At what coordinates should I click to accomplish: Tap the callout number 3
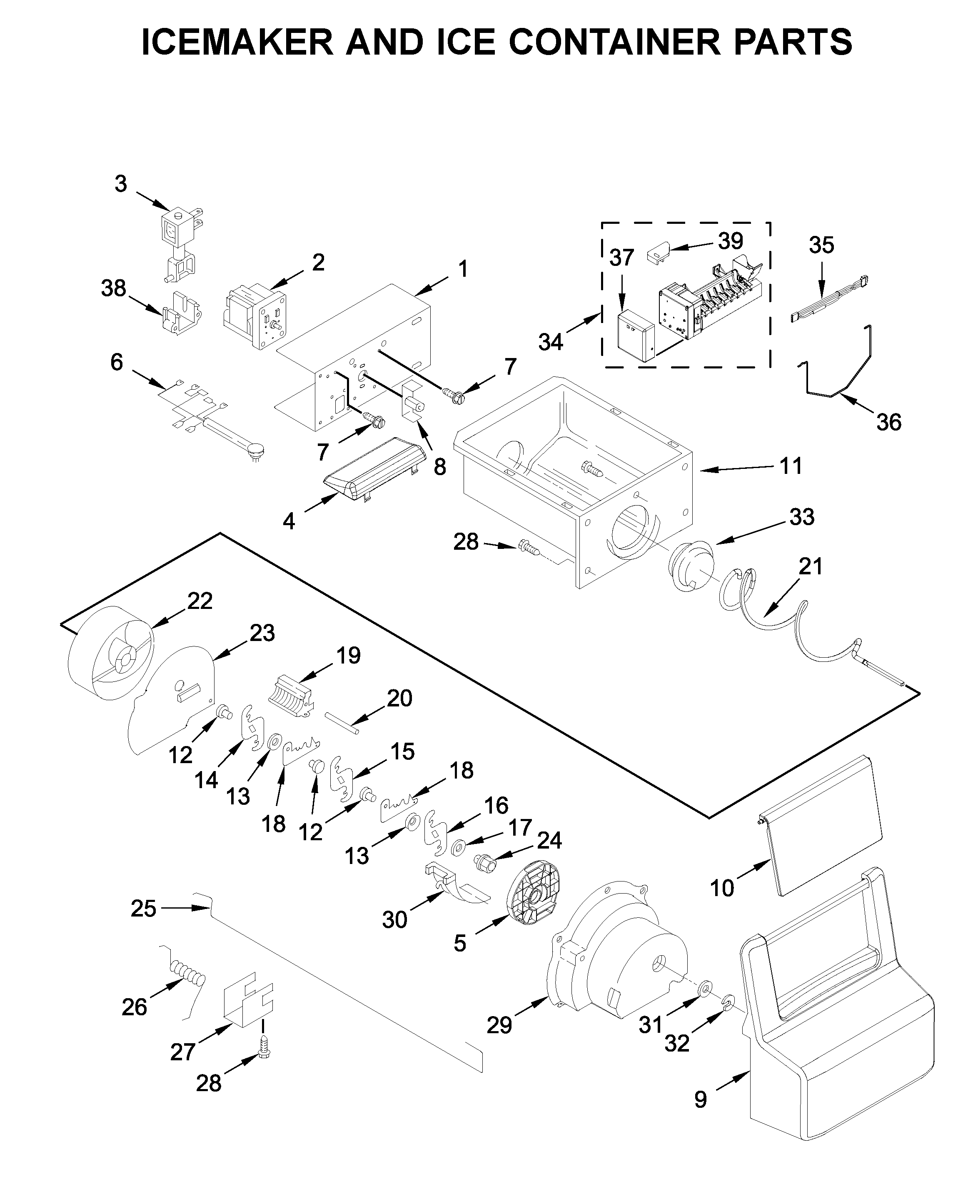coord(120,184)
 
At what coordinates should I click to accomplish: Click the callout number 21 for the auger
coord(811,566)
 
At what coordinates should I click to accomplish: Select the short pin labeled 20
coord(342,723)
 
